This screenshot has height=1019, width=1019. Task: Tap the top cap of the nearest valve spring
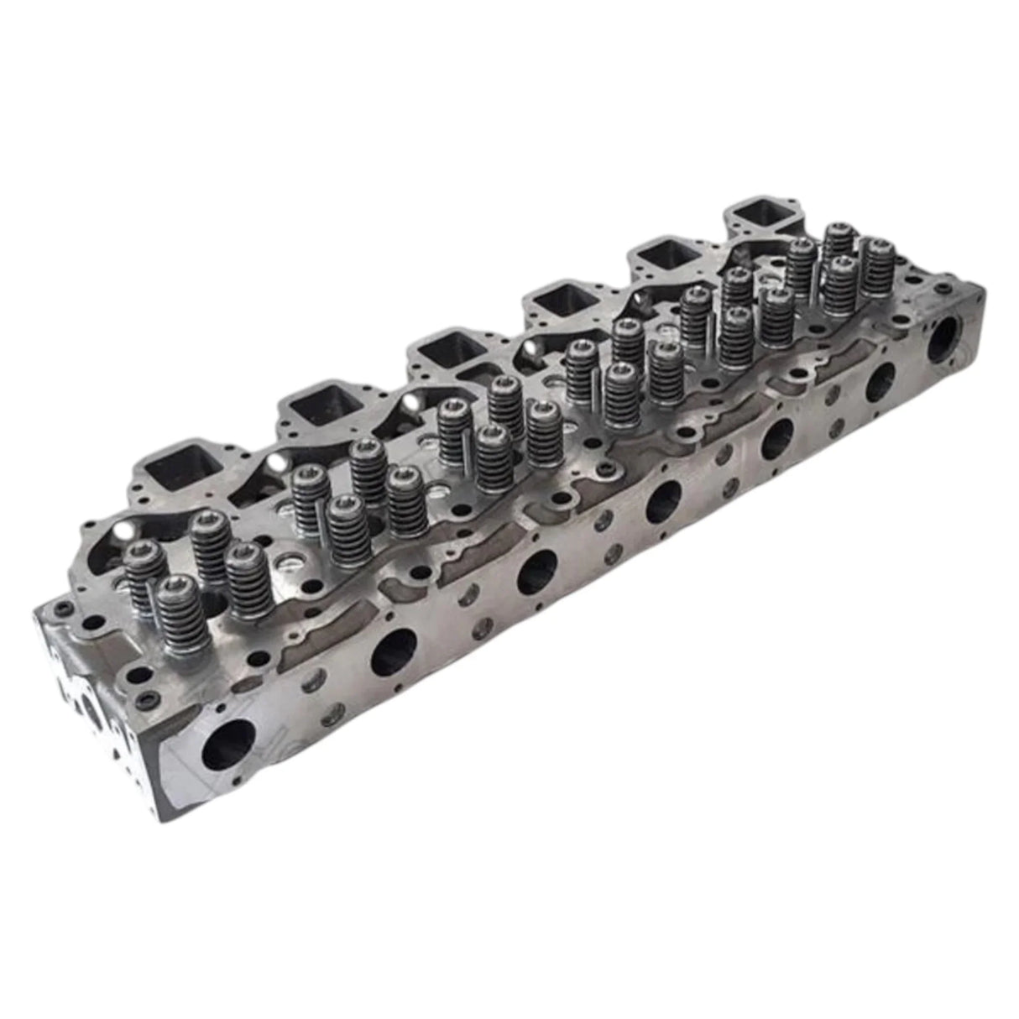(174, 586)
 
